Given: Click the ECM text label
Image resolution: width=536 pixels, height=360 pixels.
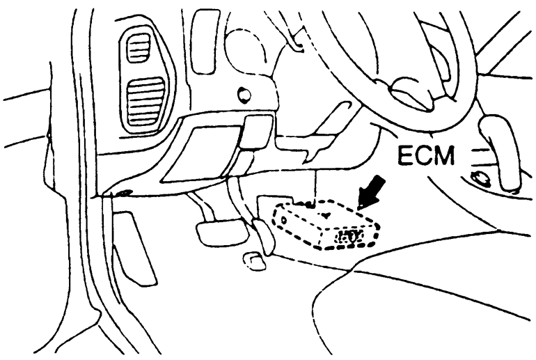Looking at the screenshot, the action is click(425, 155).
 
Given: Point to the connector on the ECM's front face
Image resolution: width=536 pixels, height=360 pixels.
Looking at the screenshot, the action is click(348, 237).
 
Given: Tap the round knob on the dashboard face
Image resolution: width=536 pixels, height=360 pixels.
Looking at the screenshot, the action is click(243, 95).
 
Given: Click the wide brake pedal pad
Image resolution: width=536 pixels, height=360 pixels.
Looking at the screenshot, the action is click(222, 233).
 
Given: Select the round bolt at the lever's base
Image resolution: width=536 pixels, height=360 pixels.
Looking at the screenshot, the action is click(479, 177).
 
